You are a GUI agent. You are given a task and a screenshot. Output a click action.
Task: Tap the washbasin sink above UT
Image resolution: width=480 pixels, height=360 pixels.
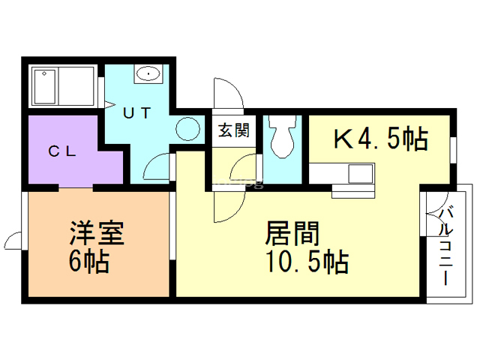click(x=148, y=73)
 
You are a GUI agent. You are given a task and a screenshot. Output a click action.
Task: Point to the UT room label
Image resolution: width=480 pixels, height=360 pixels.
click(x=137, y=113)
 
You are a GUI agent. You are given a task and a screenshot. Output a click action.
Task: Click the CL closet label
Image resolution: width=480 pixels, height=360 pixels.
click(x=63, y=150)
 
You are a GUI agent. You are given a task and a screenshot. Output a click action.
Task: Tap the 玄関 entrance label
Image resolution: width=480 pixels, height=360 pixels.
click(x=233, y=130)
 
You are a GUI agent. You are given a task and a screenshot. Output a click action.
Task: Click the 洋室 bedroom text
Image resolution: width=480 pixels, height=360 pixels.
click(x=96, y=232)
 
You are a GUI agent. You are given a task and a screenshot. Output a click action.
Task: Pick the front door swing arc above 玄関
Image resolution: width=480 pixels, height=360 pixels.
click(x=227, y=94)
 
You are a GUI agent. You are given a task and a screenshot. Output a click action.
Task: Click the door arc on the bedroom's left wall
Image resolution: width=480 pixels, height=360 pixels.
click(x=13, y=240)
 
